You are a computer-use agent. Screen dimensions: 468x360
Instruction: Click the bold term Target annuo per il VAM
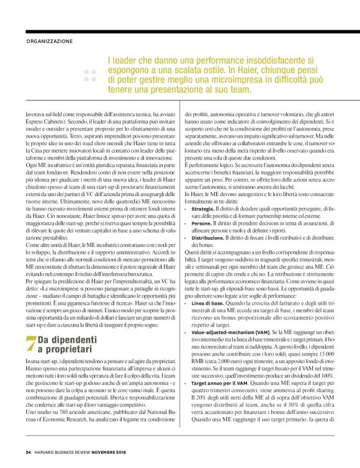pyautogui.click(x=219, y=384)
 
